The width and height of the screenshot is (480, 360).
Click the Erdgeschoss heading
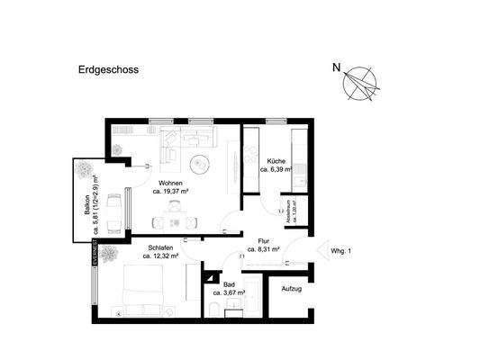(x=103, y=67)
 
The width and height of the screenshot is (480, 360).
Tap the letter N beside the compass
(x=337, y=67)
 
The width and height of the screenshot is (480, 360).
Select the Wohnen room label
(x=169, y=183)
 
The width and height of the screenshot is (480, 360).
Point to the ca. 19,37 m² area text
(x=169, y=192)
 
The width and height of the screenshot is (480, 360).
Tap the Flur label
(x=264, y=240)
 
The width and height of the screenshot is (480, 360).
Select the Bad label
(x=229, y=283)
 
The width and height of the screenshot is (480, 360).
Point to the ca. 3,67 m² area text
(x=229, y=292)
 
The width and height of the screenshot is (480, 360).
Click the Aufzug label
(x=292, y=289)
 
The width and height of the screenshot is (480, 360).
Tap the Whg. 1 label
(x=341, y=251)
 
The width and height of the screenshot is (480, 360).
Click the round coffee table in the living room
(x=199, y=163)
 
